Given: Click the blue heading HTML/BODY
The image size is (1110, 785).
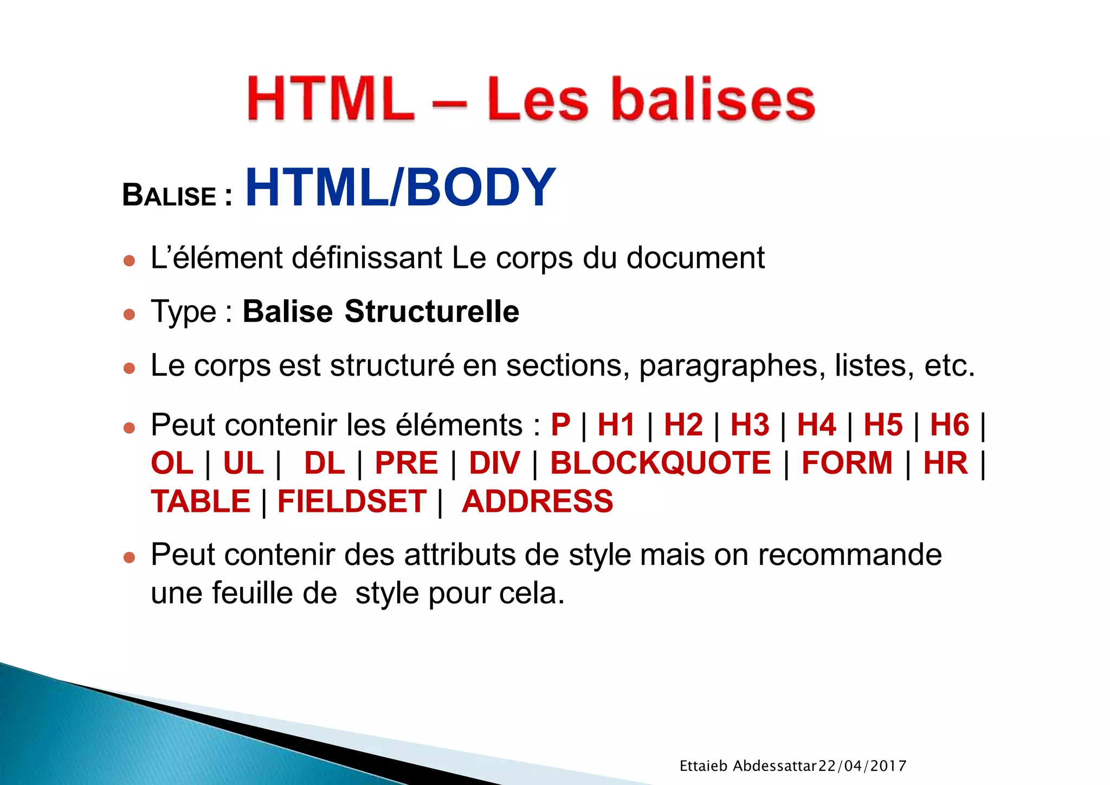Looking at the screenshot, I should [x=401, y=188].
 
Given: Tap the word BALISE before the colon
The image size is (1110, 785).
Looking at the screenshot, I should [x=169, y=195].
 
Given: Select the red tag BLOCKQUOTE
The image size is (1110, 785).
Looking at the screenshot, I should [x=660, y=463].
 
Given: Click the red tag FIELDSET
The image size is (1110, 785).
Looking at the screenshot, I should [x=352, y=501].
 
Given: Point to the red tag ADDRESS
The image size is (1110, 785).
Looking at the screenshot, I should [x=537, y=501].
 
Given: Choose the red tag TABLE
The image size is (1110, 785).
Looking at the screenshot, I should [x=201, y=501].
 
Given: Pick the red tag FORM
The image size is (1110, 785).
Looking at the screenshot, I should [x=847, y=463].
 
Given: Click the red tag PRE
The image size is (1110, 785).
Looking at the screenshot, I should [x=406, y=463].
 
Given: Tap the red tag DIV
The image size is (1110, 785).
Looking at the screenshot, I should [x=494, y=463].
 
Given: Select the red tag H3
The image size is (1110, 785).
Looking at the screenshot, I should [x=750, y=424].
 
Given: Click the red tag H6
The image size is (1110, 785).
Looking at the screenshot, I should [x=950, y=424].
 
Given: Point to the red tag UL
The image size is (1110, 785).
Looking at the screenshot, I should [x=243, y=463].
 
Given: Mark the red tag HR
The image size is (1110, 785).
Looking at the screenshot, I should [x=945, y=463].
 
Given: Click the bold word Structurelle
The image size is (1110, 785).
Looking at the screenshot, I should [x=432, y=311].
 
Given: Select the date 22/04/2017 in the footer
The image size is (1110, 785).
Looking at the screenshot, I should [x=862, y=766].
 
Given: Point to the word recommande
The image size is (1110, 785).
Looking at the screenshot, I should [x=849, y=555].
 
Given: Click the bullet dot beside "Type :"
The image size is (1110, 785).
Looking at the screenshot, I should [x=129, y=314].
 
